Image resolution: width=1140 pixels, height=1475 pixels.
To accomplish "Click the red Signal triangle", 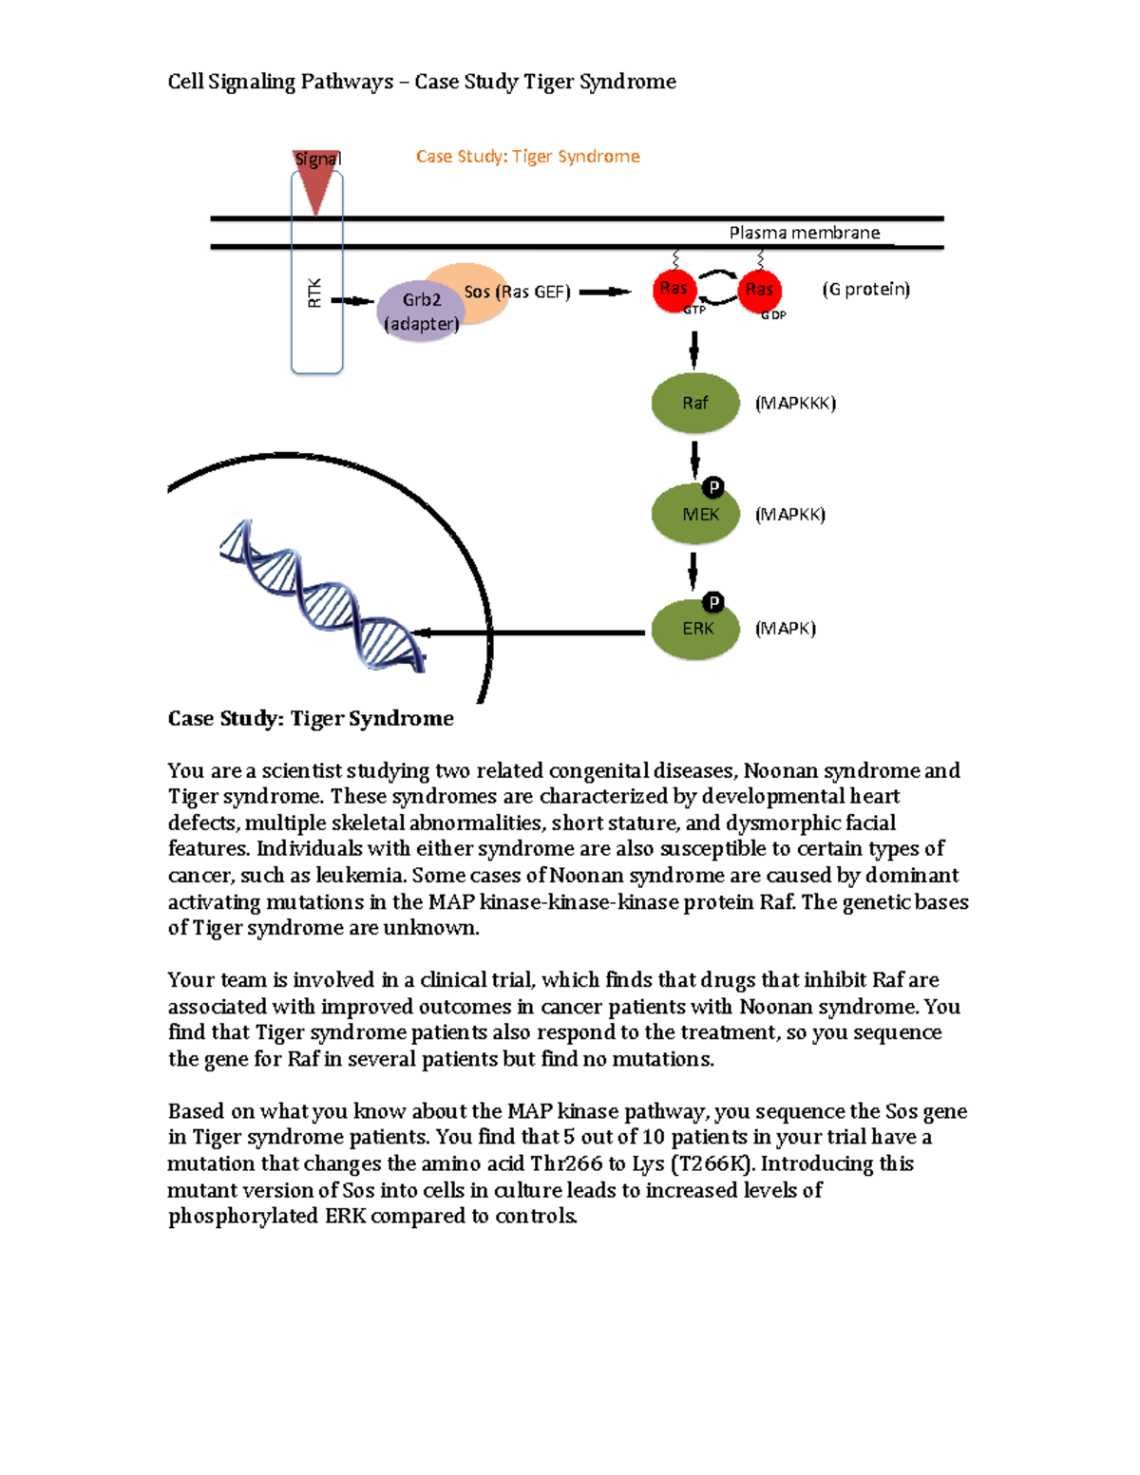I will pos(315,180).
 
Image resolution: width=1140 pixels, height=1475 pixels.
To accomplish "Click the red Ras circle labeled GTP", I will pos(674,290).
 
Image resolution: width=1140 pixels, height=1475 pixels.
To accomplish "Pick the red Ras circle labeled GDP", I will pos(759,290).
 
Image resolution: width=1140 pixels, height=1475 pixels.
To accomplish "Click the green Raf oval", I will pos(694,404).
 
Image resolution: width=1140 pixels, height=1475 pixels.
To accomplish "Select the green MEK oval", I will pos(694,515).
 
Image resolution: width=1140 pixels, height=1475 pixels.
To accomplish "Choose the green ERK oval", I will pos(694,629).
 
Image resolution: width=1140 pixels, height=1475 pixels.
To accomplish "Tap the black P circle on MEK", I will pos(713,488).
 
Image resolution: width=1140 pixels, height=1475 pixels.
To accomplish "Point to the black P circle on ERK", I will pos(713,602).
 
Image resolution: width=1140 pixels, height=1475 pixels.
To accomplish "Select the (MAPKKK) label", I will pos(795,404).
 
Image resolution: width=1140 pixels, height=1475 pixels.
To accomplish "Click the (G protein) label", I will pos(865,289).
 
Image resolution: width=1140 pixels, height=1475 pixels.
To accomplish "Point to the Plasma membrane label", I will pos(804,233).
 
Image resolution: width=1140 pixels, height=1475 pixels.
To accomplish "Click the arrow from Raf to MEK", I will pos(694,460).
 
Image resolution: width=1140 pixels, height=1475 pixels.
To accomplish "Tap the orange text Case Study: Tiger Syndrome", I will pos(527,157).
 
